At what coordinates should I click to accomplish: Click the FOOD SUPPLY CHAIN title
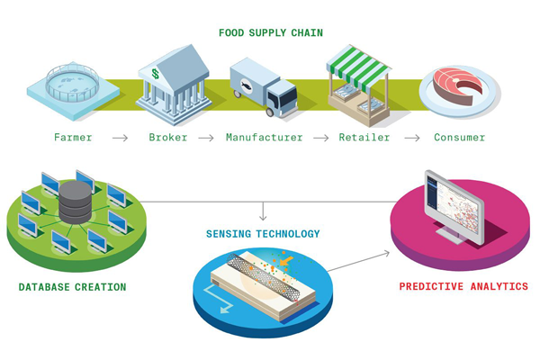(x=271, y=33)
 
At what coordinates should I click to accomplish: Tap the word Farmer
(x=73, y=138)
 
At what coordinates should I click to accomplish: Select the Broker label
(x=168, y=138)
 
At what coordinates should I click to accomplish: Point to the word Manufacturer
(x=264, y=138)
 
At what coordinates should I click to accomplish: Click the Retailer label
(x=363, y=138)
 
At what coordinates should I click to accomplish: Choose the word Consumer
(x=459, y=138)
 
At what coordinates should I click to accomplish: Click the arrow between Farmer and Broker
(x=121, y=138)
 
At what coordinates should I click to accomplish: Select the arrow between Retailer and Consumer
(x=411, y=138)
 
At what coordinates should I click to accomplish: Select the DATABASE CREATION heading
(x=72, y=287)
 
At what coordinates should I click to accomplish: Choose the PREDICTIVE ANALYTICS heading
(x=463, y=287)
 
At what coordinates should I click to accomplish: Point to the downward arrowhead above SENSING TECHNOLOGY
(x=263, y=217)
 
